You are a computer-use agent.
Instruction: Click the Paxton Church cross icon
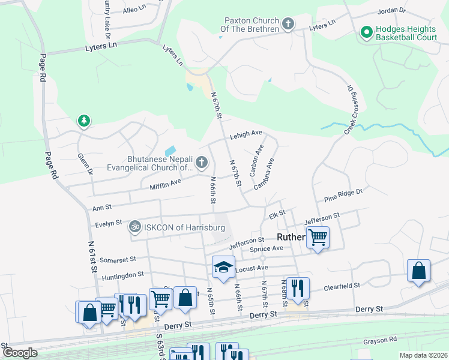(289, 25)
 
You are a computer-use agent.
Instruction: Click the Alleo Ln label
(134, 10)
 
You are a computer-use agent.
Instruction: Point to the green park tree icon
(84, 122)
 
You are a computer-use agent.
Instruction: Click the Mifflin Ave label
(165, 182)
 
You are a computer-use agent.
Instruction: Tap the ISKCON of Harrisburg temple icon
(135, 227)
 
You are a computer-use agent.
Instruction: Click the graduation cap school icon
(223, 267)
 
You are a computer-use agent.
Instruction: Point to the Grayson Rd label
(380, 340)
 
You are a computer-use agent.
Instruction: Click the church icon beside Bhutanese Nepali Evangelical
(202, 161)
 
